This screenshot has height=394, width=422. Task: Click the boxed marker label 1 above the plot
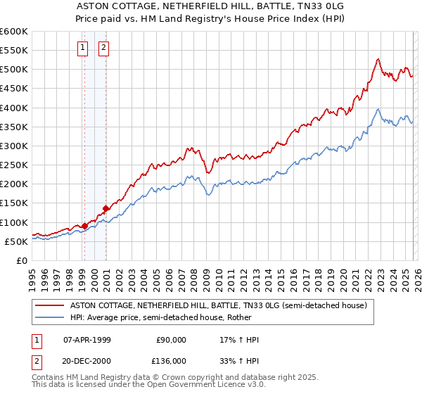point(83,48)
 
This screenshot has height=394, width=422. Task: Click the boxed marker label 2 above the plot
point(103,48)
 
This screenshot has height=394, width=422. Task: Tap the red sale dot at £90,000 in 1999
point(84,226)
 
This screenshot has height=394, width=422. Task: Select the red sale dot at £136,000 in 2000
point(105,208)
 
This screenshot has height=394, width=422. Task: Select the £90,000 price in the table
point(171,340)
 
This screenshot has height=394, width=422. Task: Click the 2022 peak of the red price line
point(378,59)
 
